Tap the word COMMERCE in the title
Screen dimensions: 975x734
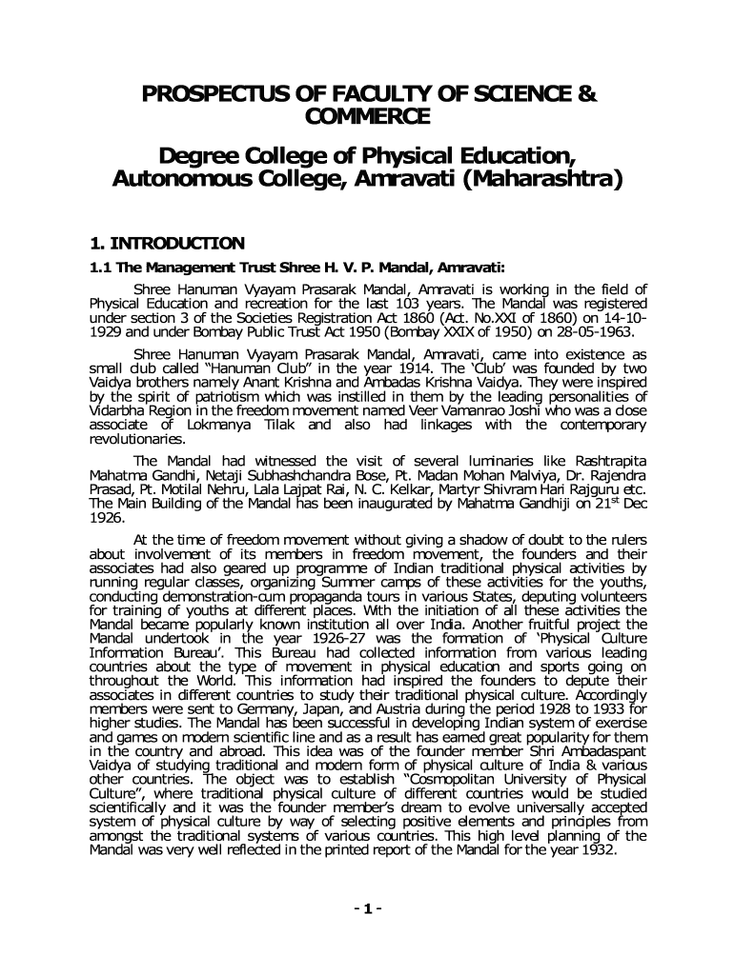[368, 117]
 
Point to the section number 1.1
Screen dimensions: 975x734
[100, 268]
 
